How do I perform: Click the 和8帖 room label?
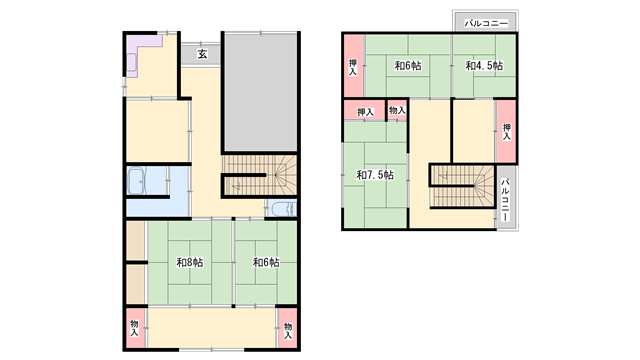click(189, 262)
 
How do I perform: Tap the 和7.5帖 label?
click(375, 175)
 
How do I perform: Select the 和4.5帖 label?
click(484, 66)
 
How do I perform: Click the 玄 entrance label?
click(202, 54)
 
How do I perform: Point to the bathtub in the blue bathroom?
click(136, 181)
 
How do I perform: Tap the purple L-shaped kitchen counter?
click(140, 52)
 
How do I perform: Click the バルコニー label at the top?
click(486, 23)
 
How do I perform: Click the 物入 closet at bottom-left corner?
click(135, 328)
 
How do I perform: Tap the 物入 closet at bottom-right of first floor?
click(288, 328)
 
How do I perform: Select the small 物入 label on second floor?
click(397, 110)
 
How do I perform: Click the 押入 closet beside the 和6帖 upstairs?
click(353, 66)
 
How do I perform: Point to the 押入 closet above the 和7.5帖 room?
click(365, 110)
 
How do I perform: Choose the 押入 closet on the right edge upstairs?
click(506, 132)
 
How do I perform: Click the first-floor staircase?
click(260, 176)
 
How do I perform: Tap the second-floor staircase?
click(463, 187)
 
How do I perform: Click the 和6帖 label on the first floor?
click(266, 262)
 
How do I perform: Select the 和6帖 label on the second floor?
click(408, 66)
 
